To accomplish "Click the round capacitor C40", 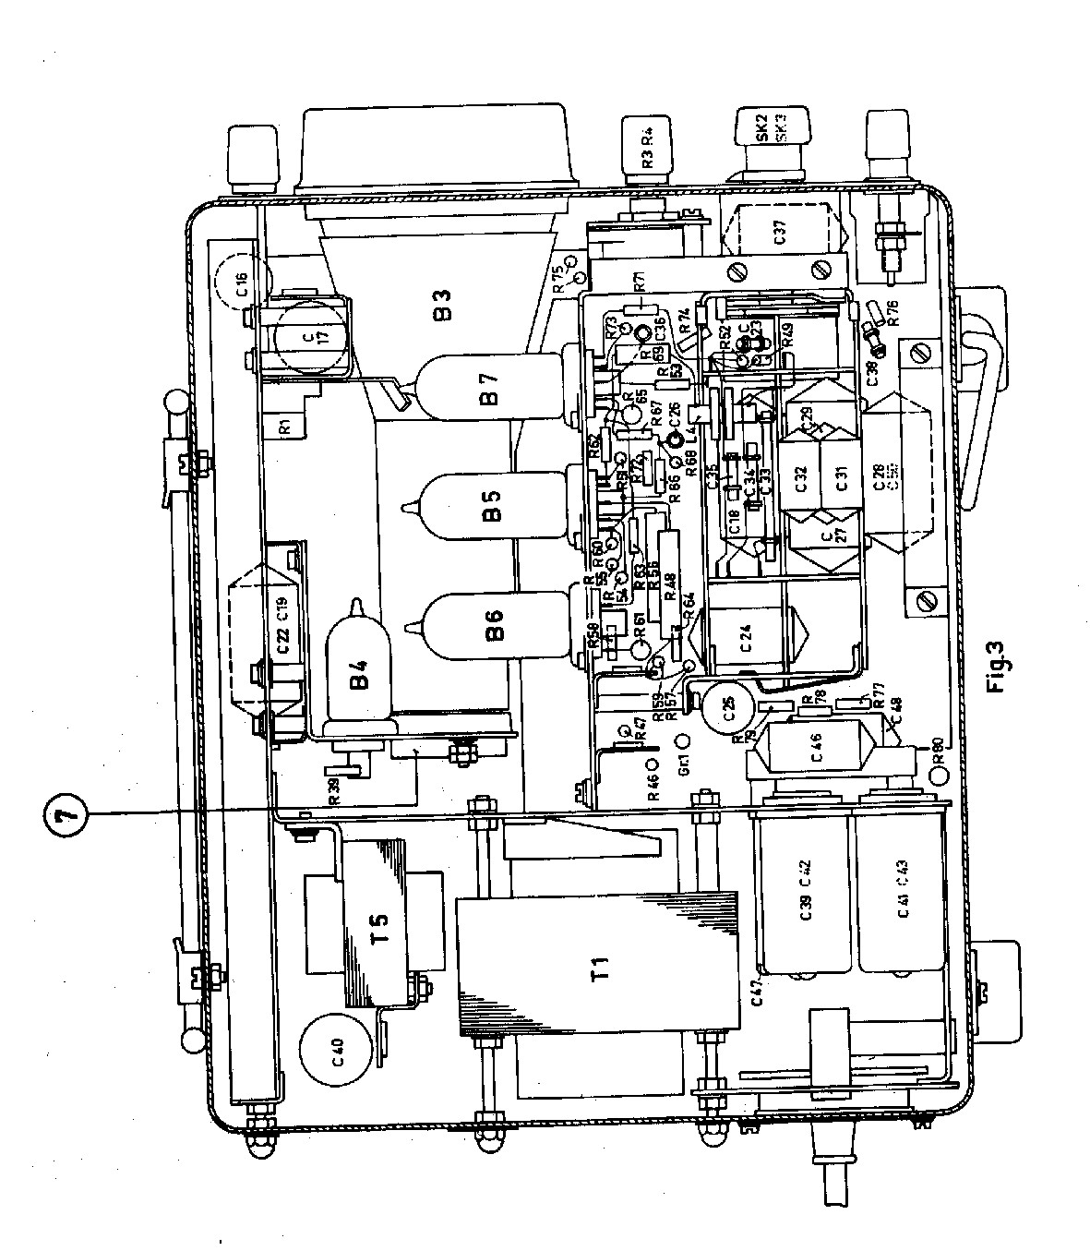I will pyautogui.click(x=336, y=1050).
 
